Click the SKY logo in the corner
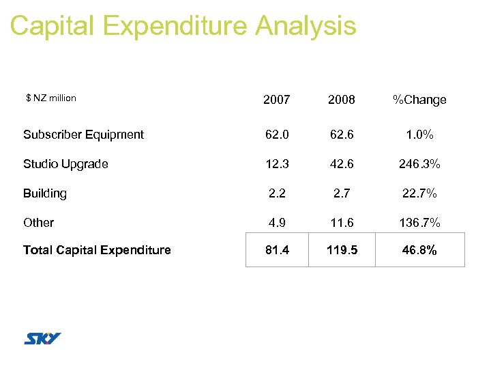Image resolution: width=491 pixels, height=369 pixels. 42,338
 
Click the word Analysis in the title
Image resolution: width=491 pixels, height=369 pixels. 306,26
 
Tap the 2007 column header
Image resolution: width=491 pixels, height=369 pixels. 277,100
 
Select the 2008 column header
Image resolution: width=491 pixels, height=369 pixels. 341,100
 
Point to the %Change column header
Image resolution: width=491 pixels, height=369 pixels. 419,100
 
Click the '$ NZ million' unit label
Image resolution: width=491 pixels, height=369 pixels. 51,98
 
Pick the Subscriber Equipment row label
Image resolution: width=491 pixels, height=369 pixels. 83,135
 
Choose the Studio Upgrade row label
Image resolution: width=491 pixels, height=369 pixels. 65,164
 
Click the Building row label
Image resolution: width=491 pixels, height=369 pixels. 45,193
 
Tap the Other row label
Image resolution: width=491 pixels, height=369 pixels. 38,223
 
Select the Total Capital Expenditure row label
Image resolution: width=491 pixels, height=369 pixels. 97,250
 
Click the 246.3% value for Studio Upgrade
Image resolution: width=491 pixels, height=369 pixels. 419,164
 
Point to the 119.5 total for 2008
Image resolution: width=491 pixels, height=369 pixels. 341,250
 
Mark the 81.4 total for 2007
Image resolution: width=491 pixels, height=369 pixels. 277,250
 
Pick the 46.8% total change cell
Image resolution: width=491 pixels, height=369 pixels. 419,250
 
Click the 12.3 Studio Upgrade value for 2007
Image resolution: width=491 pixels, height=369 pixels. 277,164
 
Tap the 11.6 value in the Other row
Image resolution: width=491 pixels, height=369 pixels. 341,223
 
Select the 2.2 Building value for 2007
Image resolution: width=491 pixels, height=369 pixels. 277,193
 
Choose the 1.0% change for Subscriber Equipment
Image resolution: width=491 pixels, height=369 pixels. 419,135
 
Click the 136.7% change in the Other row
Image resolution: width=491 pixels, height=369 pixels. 419,223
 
